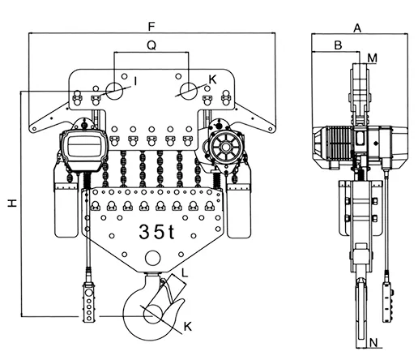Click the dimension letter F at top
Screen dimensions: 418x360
click(x=151, y=27)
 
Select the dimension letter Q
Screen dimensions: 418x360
click(x=151, y=45)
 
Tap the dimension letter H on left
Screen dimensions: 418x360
click(x=12, y=204)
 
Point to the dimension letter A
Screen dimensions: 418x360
click(x=357, y=28)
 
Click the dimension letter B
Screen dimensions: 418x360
click(x=338, y=45)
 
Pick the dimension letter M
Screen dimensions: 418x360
click(x=373, y=58)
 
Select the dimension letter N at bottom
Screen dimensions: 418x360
click(x=373, y=343)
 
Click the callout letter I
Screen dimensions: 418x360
click(x=135, y=81)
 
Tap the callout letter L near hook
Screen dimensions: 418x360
click(x=185, y=273)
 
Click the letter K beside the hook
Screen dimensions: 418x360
click(x=188, y=327)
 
